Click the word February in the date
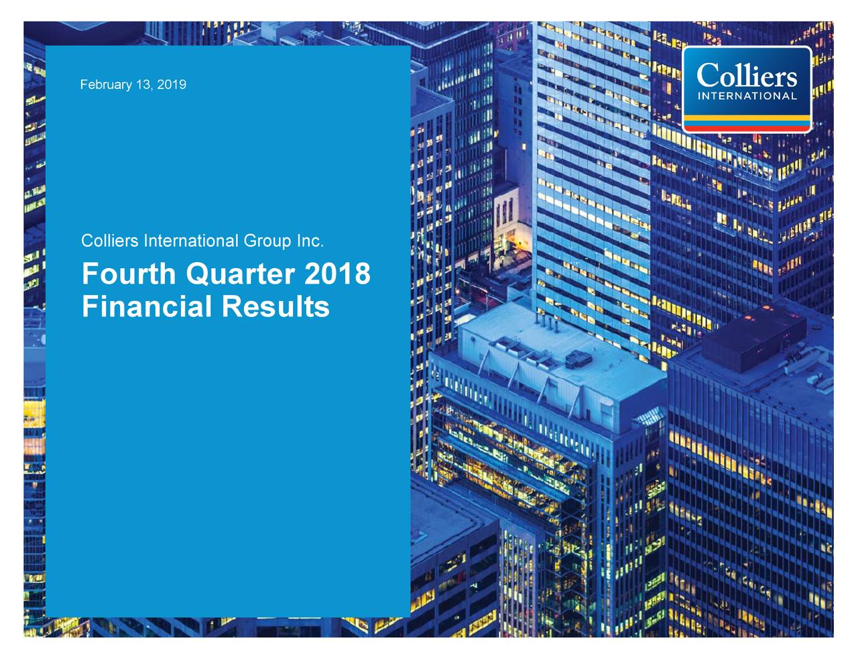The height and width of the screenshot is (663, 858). [x=106, y=85]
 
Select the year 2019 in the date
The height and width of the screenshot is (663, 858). [x=172, y=85]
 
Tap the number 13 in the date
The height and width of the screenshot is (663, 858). [x=143, y=85]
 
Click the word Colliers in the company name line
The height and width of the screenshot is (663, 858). [x=110, y=241]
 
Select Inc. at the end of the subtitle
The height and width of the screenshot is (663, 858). [x=310, y=241]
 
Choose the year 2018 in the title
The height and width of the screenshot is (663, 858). [x=337, y=274]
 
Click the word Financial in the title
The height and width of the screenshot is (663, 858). [x=147, y=307]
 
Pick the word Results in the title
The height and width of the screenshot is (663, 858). [x=275, y=307]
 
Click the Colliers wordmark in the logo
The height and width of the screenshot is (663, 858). [x=747, y=75]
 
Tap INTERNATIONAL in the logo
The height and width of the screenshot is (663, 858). [x=747, y=96]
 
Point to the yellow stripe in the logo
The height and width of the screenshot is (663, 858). [x=747, y=119]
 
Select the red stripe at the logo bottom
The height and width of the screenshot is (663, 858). [x=747, y=127]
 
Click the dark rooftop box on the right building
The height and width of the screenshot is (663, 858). [x=754, y=339]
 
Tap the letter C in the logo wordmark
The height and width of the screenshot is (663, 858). [x=708, y=75]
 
